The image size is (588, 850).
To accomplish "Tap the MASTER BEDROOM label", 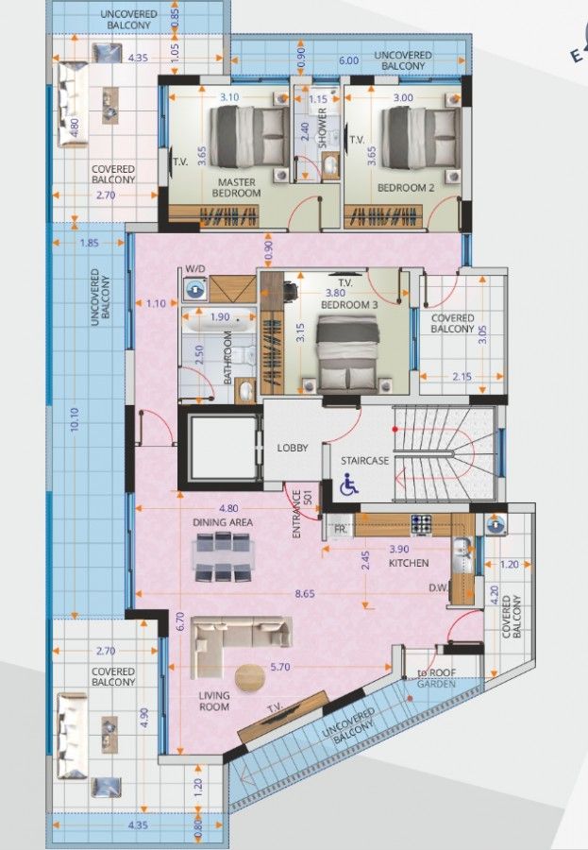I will pos(238,187).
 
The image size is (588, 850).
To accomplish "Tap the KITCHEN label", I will pos(409,563).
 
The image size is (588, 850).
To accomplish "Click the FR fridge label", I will pos(340,529).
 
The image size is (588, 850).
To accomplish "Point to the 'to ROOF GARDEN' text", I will pos(435,678).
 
